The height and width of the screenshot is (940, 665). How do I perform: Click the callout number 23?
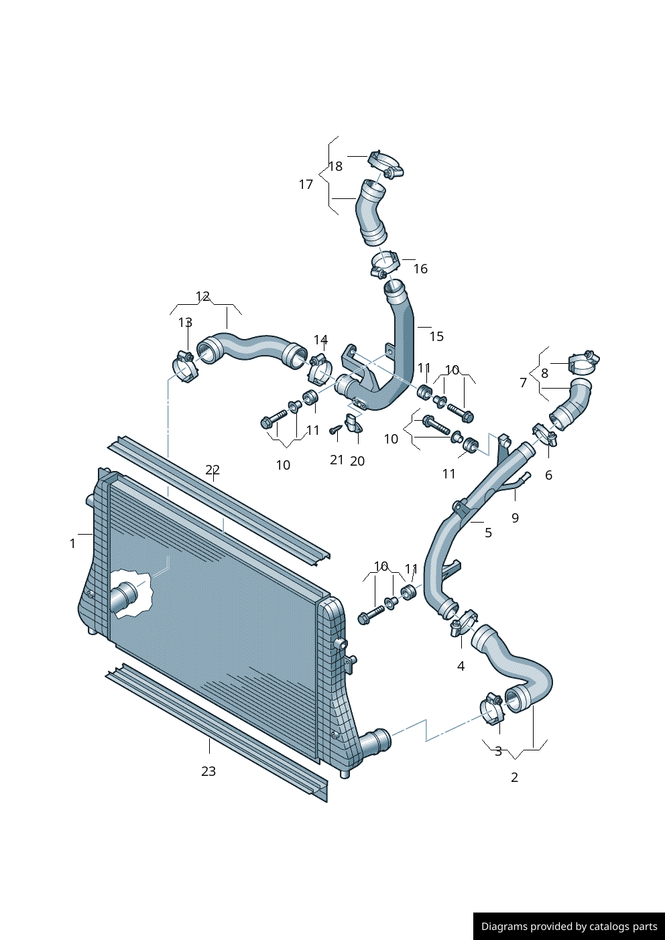click(208, 771)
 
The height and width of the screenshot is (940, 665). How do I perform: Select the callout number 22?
click(213, 470)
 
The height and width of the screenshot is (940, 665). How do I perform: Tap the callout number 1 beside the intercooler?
click(72, 543)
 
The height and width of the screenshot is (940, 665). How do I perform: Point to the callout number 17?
click(306, 184)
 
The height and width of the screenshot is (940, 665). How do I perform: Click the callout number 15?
click(436, 336)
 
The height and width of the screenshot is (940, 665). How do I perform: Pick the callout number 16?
click(420, 269)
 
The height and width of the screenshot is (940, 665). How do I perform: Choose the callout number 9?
click(515, 518)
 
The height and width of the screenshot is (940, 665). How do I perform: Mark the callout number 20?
click(357, 461)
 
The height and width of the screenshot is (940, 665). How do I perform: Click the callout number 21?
click(337, 460)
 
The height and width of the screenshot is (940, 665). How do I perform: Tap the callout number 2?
click(514, 777)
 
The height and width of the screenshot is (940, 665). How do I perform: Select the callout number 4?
click(461, 666)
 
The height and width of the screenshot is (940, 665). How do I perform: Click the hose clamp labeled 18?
click(385, 164)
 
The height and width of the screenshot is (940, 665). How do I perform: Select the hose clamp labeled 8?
click(583, 362)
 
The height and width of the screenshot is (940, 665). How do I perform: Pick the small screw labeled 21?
click(336, 429)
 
